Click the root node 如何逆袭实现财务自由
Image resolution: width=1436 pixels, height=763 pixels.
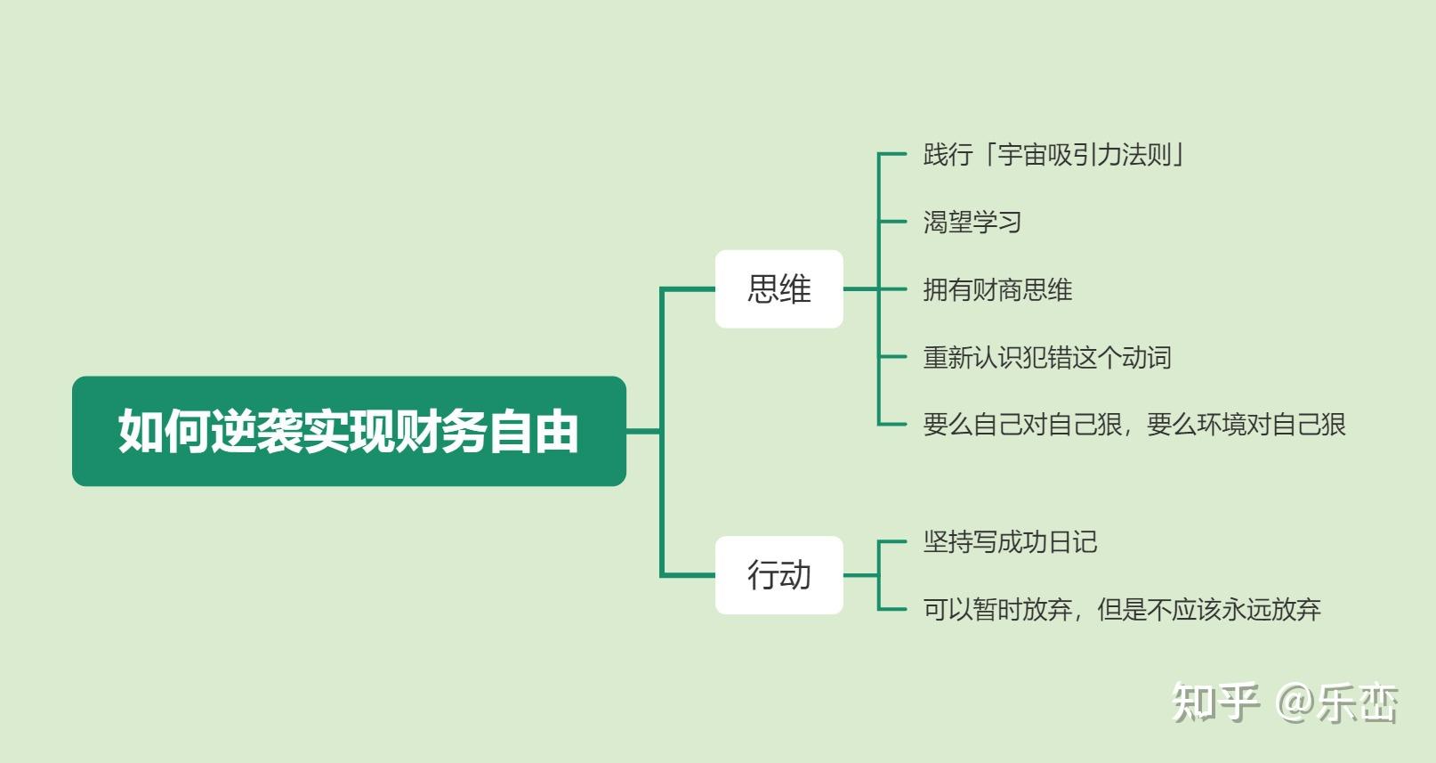tap(349, 431)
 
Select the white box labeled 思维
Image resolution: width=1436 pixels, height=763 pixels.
tap(779, 288)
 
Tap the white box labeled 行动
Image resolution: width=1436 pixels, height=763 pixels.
tap(779, 575)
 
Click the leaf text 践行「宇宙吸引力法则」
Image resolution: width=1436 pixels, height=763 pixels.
tap(1054, 155)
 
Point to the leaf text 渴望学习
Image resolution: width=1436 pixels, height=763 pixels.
tap(972, 222)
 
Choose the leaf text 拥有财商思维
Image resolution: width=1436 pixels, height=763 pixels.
tap(997, 289)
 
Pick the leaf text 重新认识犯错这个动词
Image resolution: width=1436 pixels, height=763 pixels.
tap(1047, 357)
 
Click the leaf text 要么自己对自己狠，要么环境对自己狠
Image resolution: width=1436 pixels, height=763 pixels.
tap(1134, 425)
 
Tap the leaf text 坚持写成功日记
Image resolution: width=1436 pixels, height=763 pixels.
tap(1011, 542)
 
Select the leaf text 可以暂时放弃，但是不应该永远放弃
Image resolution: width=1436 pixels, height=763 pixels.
tap(1122, 610)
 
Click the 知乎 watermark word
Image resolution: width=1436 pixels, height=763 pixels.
tap(1215, 702)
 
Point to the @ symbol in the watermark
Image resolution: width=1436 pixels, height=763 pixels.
tap(1294, 702)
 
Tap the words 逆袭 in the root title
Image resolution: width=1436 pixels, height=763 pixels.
tap(256, 431)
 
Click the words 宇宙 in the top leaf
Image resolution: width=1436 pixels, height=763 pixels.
tap(1022, 155)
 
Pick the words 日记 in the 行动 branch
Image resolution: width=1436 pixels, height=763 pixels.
tap(1073, 542)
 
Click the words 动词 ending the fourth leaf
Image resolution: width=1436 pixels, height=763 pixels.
tap(1148, 357)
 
